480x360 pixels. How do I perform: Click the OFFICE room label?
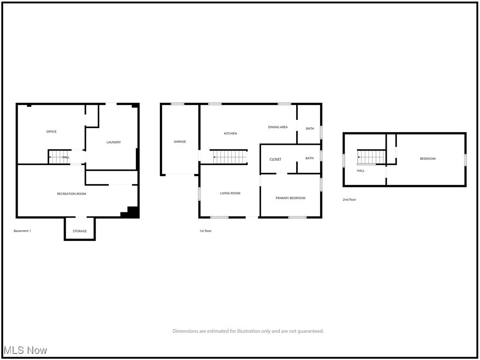pos(52,132)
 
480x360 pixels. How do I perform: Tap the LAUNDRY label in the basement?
pos(114,142)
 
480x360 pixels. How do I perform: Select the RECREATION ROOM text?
pos(72,194)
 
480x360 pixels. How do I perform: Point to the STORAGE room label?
pos(80,231)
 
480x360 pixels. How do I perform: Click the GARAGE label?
pos(180,142)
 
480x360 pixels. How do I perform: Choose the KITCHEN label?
pos(230,134)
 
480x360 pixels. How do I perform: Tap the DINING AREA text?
pos(278,127)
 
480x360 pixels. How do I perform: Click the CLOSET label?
pos(276,159)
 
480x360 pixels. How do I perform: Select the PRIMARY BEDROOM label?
pos(291,198)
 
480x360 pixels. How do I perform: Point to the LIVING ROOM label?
pos(230,193)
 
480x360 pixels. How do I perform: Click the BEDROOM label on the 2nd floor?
pos(427,159)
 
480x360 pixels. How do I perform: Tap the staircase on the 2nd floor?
pos(371,157)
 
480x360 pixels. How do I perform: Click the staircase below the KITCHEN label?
pos(230,157)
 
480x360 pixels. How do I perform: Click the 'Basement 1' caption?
pos(22,231)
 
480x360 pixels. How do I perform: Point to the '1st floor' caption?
pos(205,231)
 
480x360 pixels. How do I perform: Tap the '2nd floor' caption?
pos(349,200)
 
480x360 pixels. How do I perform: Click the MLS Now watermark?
pos(25,350)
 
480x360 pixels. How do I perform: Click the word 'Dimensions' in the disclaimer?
pos(185,331)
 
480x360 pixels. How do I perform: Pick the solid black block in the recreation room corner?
pos(132,213)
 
